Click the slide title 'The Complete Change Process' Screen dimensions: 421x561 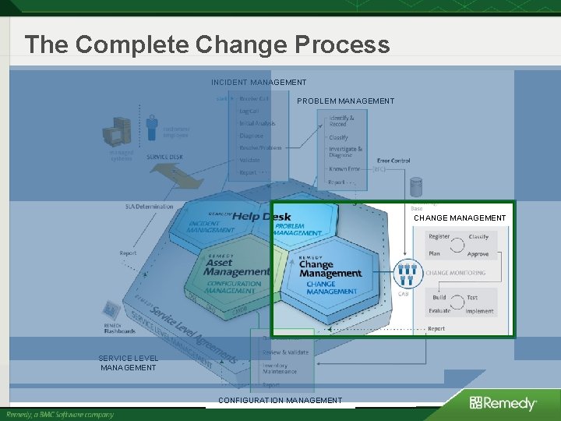tap(206, 44)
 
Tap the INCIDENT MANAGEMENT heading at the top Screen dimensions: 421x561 tap(259, 82)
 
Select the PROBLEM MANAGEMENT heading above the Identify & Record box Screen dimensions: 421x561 tap(345, 101)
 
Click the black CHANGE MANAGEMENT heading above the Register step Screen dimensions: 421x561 tap(460, 218)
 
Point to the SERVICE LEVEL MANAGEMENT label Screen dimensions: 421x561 tap(129, 363)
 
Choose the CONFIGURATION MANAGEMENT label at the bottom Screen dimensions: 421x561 tap(280, 400)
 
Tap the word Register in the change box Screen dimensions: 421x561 tap(439, 237)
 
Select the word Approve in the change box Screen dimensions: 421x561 tap(478, 254)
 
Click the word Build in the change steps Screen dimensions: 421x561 tap(439, 297)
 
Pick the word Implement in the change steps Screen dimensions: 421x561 tap(480, 311)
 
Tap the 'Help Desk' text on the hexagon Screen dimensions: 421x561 tap(262, 216)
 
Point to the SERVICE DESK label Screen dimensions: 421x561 tap(164, 157)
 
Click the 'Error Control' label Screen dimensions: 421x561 tap(393, 161)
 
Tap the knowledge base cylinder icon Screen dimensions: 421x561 tap(416, 187)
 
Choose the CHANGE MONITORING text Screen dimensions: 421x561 tap(455, 273)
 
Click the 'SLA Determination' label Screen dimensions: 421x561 tap(150, 207)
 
